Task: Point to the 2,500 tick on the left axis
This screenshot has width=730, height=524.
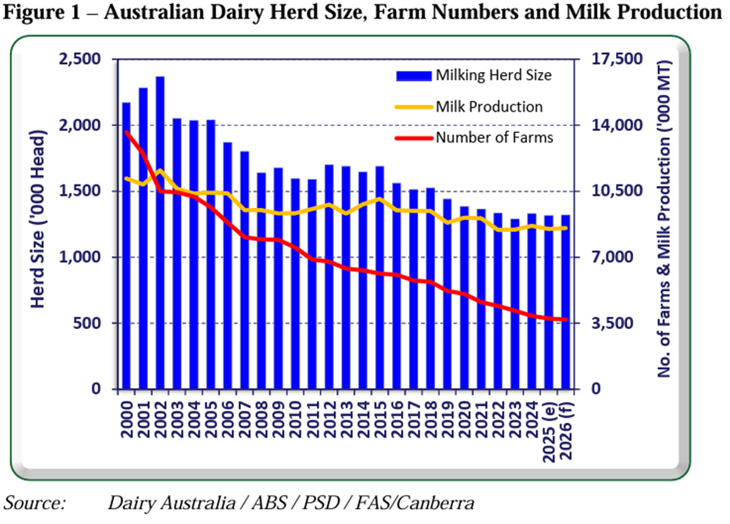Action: pos(84,59)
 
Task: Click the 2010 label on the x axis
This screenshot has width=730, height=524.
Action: pos(295,421)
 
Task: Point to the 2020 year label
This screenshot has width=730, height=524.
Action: pos(463,421)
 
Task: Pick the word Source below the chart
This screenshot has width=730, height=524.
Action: pos(35,503)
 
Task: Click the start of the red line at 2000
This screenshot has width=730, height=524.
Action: pos(127,132)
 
